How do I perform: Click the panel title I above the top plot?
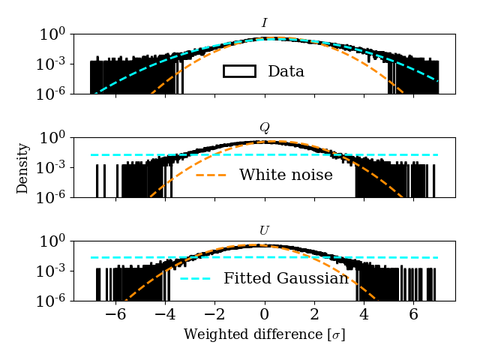(264, 23)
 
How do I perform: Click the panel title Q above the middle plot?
(264, 127)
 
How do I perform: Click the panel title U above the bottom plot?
(264, 230)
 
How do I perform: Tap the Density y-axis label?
(22, 168)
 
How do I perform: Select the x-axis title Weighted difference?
(264, 334)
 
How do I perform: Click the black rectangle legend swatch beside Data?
(239, 71)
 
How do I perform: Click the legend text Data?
(286, 72)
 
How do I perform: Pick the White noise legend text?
(286, 175)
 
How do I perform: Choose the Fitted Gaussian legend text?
(286, 278)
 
